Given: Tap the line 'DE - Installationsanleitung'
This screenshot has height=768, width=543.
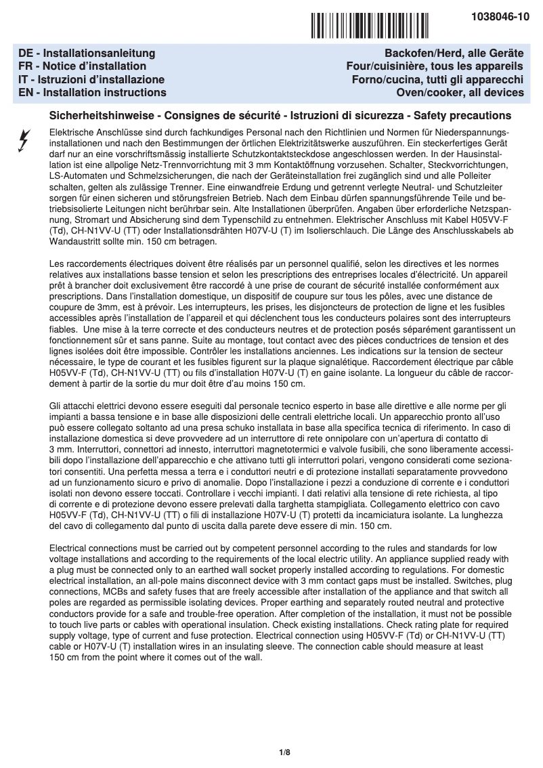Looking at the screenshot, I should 87,53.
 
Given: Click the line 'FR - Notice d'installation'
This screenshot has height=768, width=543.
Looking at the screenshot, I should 82,66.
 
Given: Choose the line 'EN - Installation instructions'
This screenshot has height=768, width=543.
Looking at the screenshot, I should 92,92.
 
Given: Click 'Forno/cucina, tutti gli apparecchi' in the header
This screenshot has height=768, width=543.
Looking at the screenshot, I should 433,79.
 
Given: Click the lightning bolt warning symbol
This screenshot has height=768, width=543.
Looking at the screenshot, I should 24,140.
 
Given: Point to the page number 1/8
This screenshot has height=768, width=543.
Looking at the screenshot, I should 284,752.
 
